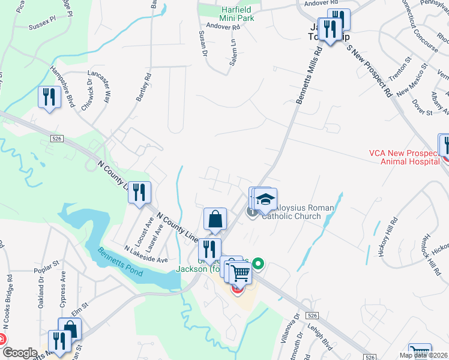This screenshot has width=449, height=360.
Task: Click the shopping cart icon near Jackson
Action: click(240, 274)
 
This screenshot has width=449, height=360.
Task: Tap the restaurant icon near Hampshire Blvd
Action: click(49, 97)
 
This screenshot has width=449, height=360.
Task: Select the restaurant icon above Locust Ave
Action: click(140, 192)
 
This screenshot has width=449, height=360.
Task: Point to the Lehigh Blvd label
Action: click(323, 344)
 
